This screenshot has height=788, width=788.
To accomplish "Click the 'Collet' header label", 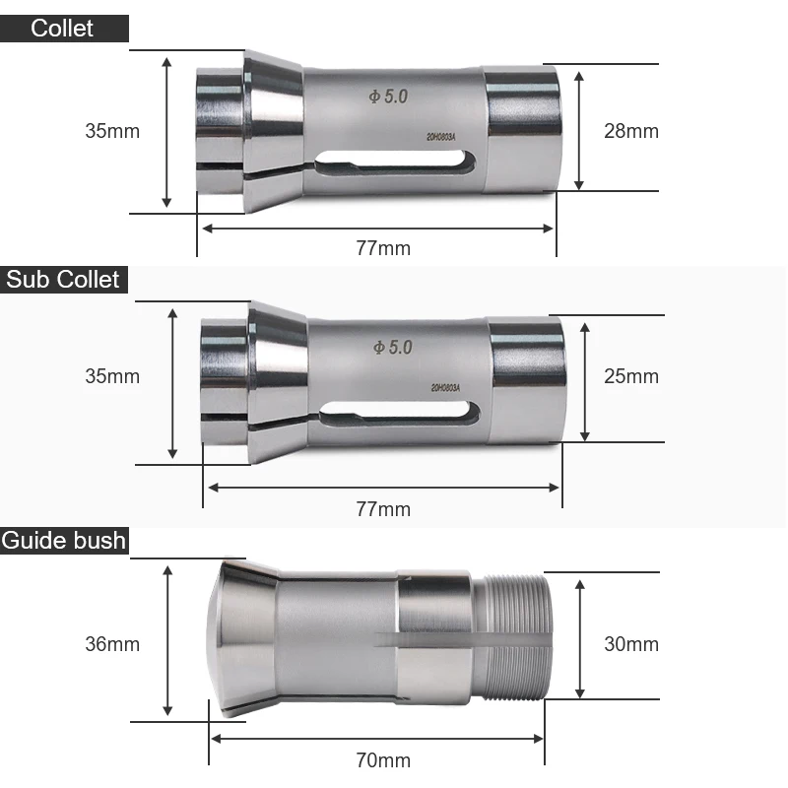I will [62, 28].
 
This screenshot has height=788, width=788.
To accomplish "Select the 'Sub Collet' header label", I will [63, 280].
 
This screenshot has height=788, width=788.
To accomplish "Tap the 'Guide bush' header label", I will [64, 540].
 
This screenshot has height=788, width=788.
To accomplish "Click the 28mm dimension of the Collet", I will [630, 131].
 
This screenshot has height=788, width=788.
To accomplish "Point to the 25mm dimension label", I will [630, 376].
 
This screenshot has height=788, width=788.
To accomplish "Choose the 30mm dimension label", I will [630, 644].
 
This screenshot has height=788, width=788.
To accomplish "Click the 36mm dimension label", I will [112, 644].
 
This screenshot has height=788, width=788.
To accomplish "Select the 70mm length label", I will [383, 760].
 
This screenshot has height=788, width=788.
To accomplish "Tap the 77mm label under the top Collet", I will [383, 248].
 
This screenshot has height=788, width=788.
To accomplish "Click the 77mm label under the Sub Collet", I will [383, 509].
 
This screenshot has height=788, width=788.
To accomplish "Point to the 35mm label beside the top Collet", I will [112, 131].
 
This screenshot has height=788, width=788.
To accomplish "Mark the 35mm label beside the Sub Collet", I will [112, 376].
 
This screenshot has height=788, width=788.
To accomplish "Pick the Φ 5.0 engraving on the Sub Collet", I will [392, 348].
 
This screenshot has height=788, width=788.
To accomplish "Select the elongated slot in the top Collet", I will [396, 161].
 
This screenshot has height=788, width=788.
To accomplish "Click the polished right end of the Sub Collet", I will [527, 379].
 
